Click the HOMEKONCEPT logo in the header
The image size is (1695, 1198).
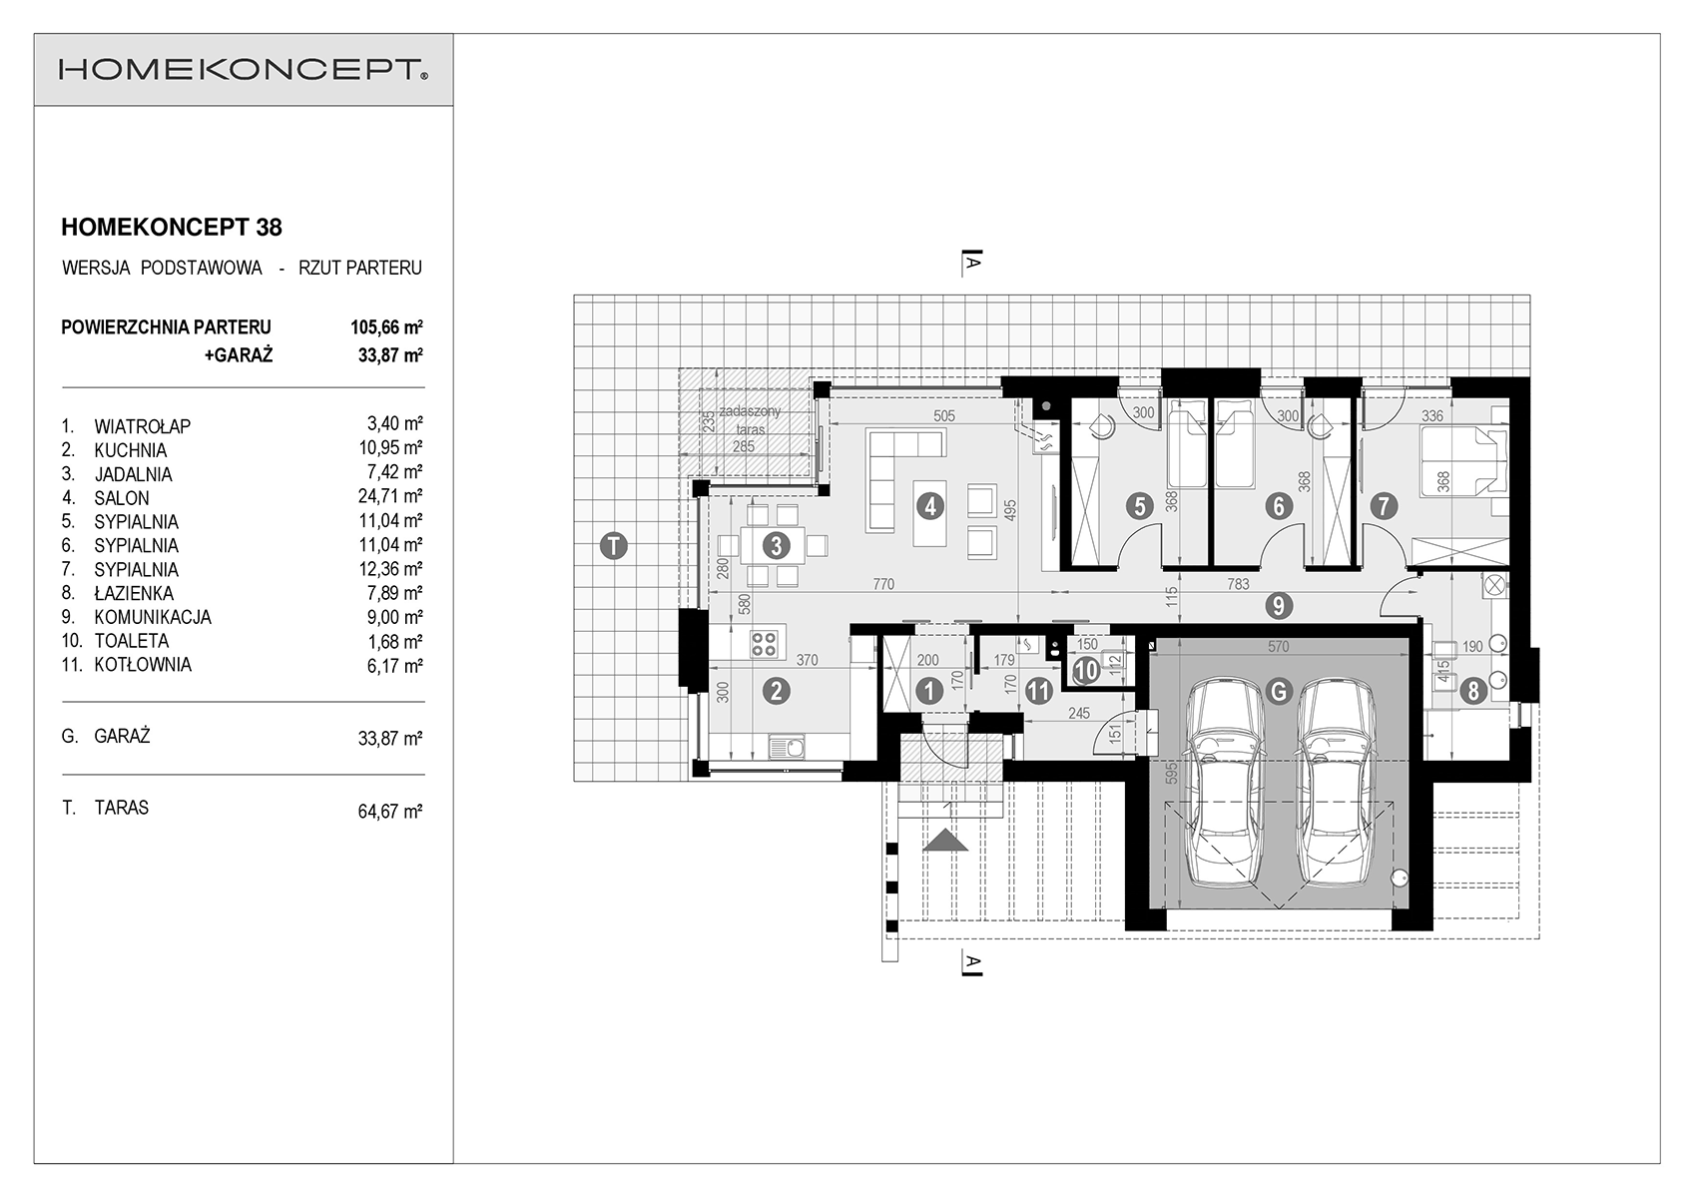pyautogui.click(x=244, y=70)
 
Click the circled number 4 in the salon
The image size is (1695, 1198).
pyautogui.click(x=930, y=505)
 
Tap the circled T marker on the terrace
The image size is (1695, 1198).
pyautogui.click(x=614, y=546)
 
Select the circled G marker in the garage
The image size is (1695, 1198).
pyautogui.click(x=1278, y=691)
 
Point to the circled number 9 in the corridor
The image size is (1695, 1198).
pyautogui.click(x=1278, y=605)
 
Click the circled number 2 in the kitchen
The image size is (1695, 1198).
pyautogui.click(x=777, y=691)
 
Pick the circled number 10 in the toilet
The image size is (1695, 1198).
pyautogui.click(x=1086, y=671)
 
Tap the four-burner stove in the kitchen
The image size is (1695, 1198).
pyautogui.click(x=764, y=643)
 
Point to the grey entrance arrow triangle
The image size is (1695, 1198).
pyautogui.click(x=945, y=841)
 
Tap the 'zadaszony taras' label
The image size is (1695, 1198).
pyautogui.click(x=750, y=420)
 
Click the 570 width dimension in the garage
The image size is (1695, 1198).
pyautogui.click(x=1278, y=646)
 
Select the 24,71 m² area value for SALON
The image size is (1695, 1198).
pyautogui.click(x=390, y=496)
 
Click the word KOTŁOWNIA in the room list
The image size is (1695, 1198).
pyautogui.click(x=143, y=665)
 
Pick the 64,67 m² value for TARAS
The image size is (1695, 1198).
pyautogui.click(x=390, y=812)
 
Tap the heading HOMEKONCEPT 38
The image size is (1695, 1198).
pyautogui.click(x=172, y=227)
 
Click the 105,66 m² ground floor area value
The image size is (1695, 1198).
pyautogui.click(x=386, y=326)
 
